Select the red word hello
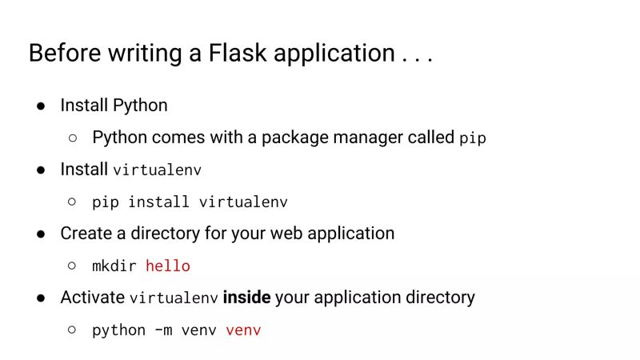[x=168, y=266]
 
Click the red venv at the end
[x=243, y=330]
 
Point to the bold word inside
[x=246, y=298]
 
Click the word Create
[x=84, y=234]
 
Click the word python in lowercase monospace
[x=119, y=330]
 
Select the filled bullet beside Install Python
[x=41, y=106]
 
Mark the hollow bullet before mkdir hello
[x=73, y=266]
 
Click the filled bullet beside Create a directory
[x=41, y=234]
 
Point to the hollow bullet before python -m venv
[x=73, y=330]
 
